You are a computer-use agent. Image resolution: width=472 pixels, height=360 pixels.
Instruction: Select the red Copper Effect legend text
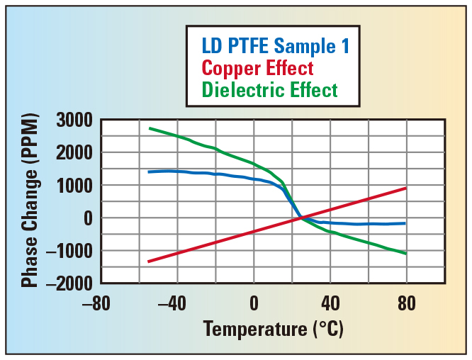coord(257,69)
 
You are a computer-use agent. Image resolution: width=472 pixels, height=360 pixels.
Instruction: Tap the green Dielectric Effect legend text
coord(269,90)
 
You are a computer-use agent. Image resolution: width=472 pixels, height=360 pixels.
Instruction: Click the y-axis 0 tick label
coord(88,218)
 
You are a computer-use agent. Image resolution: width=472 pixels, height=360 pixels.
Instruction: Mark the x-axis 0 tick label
coord(254,304)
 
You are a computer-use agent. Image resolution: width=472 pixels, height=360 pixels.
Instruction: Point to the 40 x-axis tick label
coord(330,304)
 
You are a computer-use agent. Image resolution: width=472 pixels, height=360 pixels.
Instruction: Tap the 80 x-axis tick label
coord(407,304)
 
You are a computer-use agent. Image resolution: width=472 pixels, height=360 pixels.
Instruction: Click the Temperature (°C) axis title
coord(273,330)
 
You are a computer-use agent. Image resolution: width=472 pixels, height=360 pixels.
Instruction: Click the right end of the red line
coord(406,188)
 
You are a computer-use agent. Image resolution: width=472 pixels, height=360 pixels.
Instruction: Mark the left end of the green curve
coord(149,128)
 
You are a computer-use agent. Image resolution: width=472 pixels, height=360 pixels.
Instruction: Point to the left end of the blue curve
coord(148,172)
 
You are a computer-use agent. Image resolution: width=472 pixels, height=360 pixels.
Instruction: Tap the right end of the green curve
coord(406,254)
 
